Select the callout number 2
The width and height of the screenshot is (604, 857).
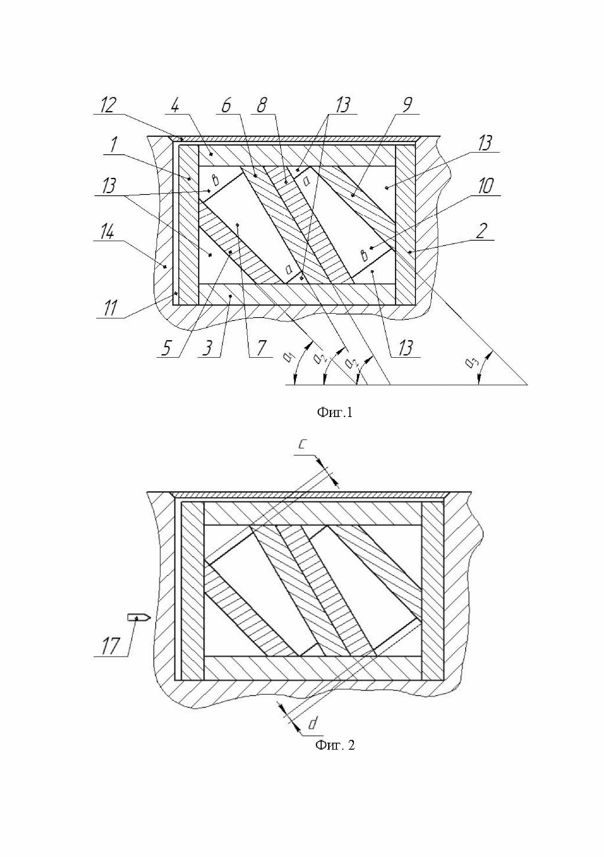(x=481, y=231)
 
